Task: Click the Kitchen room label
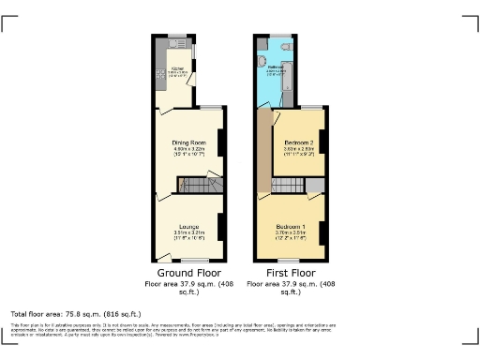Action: (175, 67)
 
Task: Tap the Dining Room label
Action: (188, 142)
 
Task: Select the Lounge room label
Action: (188, 226)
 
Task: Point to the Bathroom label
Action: (277, 67)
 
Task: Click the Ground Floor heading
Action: (189, 273)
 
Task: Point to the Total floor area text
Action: (76, 313)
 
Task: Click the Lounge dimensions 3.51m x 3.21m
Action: (188, 233)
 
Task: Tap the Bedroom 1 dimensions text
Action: (292, 235)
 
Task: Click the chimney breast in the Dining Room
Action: (221, 142)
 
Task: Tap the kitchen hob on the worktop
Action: (160, 70)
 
